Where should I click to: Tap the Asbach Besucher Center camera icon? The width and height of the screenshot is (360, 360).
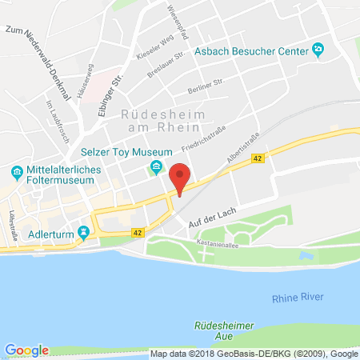(318, 50)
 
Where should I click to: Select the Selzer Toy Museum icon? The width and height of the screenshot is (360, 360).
(154, 166)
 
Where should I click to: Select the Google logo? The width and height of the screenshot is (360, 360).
(26, 350)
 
